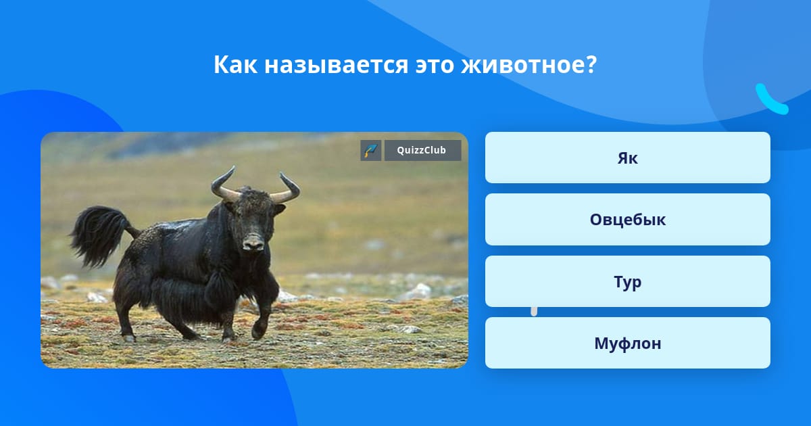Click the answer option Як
point(627,158)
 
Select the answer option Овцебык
point(627,220)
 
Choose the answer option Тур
point(627,281)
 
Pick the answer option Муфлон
point(627,343)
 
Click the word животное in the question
point(521,65)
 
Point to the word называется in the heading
point(335,65)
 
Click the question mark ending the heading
point(590,65)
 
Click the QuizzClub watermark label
point(422,150)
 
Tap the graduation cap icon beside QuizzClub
point(370,150)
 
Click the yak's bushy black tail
point(98,233)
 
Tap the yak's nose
point(254,242)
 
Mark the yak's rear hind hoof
point(128,337)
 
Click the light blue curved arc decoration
point(770,100)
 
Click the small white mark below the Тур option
point(534,311)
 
